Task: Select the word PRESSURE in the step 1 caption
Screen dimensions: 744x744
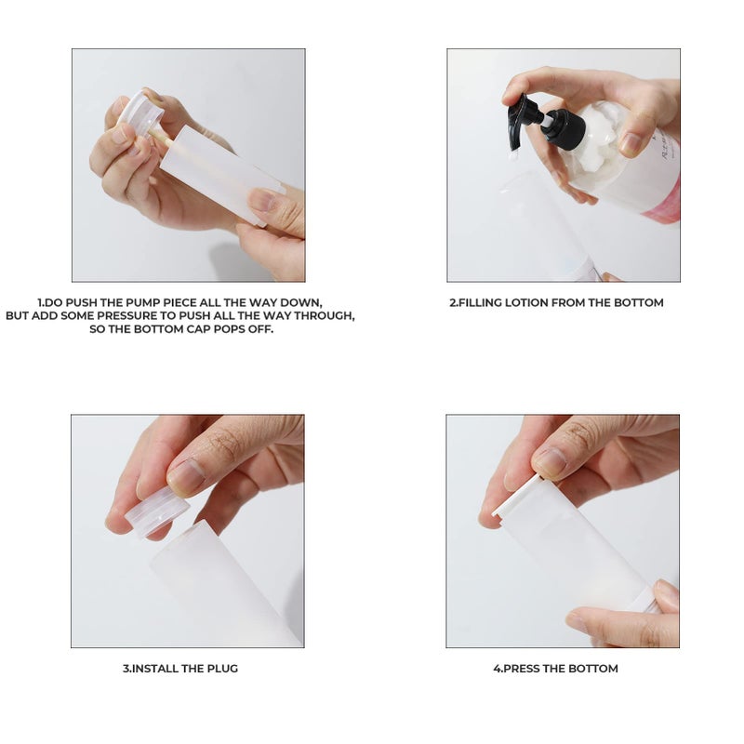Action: coord(126,316)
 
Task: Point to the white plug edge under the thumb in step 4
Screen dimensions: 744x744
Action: coord(517,496)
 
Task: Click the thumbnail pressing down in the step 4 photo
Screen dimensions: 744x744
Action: coord(551,461)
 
